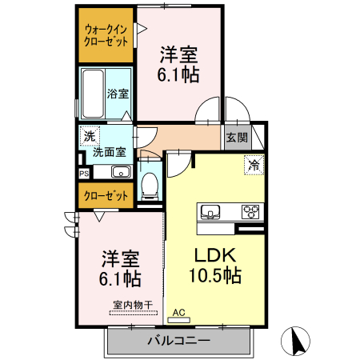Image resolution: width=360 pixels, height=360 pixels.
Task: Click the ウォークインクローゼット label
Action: point(106,36)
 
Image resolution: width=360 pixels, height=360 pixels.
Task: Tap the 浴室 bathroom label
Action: point(118,94)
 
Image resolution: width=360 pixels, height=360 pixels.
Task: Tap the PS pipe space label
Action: point(83,172)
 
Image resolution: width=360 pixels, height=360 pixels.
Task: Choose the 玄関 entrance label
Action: point(236,137)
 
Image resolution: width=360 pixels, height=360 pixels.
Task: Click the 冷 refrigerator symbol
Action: point(253,166)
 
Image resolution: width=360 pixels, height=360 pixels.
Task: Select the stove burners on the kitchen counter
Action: point(251,212)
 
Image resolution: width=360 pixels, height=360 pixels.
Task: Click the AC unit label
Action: point(178,312)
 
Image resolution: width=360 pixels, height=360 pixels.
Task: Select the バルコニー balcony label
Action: point(178,341)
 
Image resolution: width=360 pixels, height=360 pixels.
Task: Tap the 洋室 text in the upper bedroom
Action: point(178,54)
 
